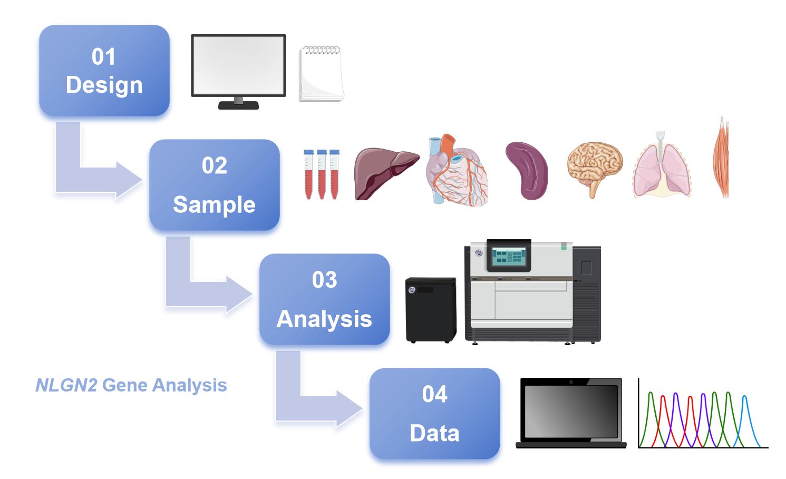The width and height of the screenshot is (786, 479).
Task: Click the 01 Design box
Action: [104, 71]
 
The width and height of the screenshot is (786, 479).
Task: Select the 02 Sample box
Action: [214, 185]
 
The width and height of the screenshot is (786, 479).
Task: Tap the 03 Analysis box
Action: [324, 299]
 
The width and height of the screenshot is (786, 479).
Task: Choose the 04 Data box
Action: [434, 414]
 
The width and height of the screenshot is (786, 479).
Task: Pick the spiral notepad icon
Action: [321, 74]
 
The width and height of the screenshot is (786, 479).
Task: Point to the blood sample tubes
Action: [322, 174]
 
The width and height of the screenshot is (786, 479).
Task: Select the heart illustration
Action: [457, 170]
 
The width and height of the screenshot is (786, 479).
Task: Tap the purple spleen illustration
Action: [526, 170]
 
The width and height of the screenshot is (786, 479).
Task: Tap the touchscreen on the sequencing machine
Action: [508, 256]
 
